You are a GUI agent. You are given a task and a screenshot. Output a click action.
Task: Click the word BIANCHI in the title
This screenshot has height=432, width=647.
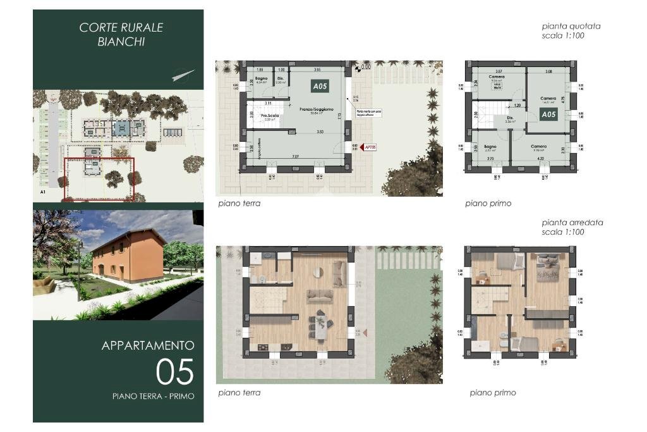[121, 42]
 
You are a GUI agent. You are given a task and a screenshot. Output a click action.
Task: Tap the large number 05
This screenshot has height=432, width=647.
[174, 372]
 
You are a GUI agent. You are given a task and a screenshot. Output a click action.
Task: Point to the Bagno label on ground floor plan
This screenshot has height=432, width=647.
[262, 78]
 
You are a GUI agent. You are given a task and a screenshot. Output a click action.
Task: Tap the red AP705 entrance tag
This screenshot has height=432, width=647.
[370, 147]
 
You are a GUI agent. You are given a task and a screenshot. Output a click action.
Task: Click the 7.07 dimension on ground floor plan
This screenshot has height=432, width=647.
[294, 156]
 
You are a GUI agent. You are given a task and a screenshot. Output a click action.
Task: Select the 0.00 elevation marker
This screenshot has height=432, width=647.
[365, 66]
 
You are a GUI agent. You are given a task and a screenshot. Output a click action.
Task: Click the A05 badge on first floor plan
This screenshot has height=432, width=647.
[548, 114]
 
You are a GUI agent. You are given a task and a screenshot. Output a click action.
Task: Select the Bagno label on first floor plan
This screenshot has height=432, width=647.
[490, 146]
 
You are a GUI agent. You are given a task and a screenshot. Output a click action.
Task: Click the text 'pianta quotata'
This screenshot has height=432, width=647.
[571, 27]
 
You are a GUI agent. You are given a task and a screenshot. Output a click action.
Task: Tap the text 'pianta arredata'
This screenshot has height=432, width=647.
[572, 223]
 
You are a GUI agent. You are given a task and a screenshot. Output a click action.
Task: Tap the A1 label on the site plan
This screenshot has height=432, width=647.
[42, 190]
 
